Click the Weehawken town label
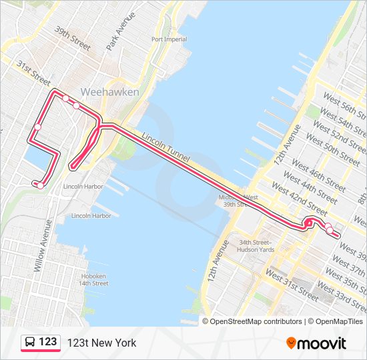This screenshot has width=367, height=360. tap(109, 91)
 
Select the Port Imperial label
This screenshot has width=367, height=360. tap(169, 39)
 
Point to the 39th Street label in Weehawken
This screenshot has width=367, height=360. tap(73, 39)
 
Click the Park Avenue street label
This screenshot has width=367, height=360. tap(120, 31)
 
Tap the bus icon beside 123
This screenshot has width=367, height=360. tap(31, 343)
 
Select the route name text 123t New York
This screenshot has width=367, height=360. tap(101, 343)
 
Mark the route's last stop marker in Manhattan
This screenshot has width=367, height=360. tap(330, 231)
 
